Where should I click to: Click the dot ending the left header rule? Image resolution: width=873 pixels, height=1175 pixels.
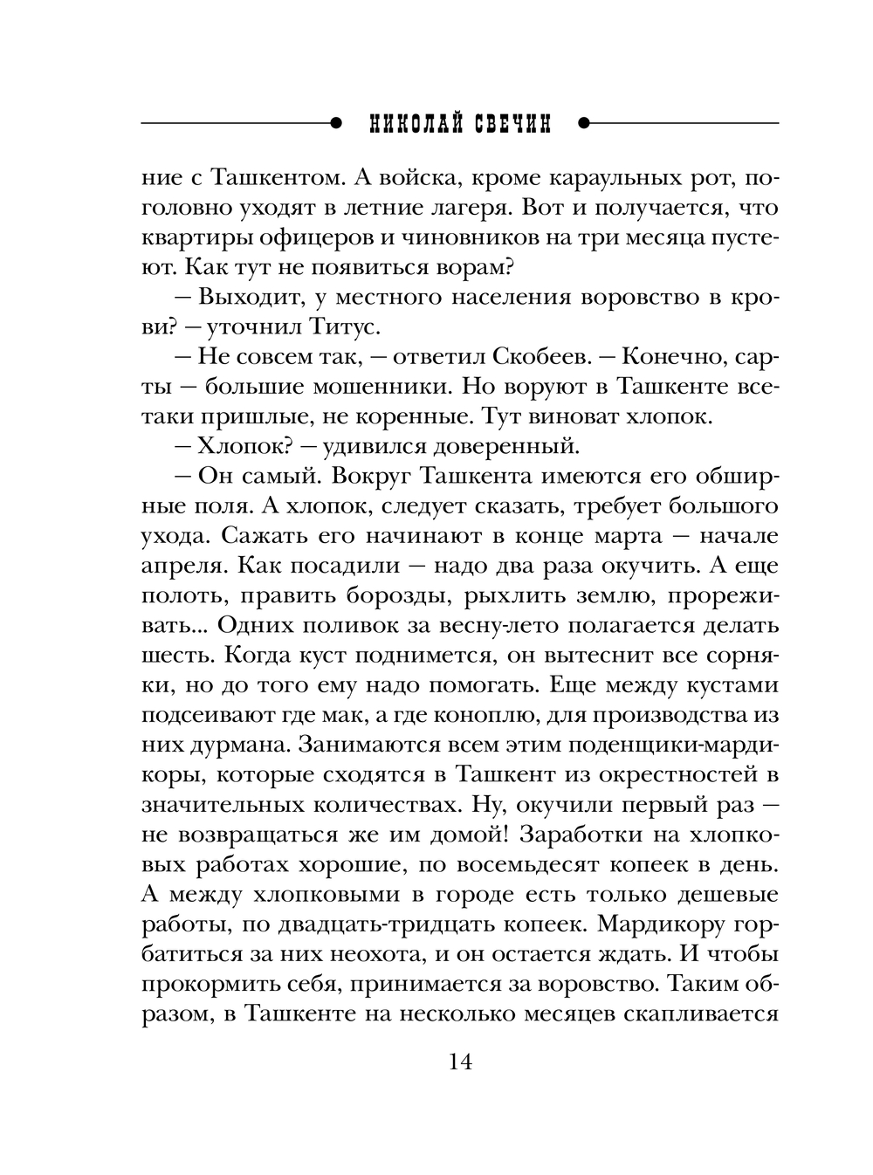335,124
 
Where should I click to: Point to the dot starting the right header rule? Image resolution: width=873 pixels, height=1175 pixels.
584,124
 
